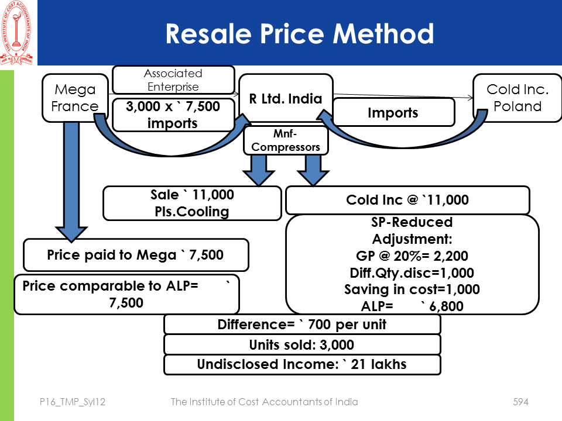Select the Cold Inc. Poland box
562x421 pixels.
[x=517, y=98]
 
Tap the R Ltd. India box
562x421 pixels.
[x=286, y=98]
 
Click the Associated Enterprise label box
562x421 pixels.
[x=173, y=80]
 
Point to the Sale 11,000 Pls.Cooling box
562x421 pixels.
[x=192, y=203]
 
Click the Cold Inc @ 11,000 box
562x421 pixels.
[x=407, y=200]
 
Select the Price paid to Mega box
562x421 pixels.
[x=135, y=255]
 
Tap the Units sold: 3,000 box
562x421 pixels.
[x=301, y=345]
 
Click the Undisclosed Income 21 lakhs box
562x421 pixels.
[x=301, y=364]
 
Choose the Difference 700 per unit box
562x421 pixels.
[x=301, y=325]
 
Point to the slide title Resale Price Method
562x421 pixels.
[x=299, y=34]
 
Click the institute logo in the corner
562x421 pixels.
[x=18, y=33]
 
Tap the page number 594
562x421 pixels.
[x=520, y=402]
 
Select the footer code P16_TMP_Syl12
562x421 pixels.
[x=70, y=402]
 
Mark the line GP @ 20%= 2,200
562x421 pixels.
[x=412, y=256]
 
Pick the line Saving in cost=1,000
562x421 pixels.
[x=412, y=289]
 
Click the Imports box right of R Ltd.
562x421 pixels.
[x=393, y=112]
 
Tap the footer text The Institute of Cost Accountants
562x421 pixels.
[x=264, y=402]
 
